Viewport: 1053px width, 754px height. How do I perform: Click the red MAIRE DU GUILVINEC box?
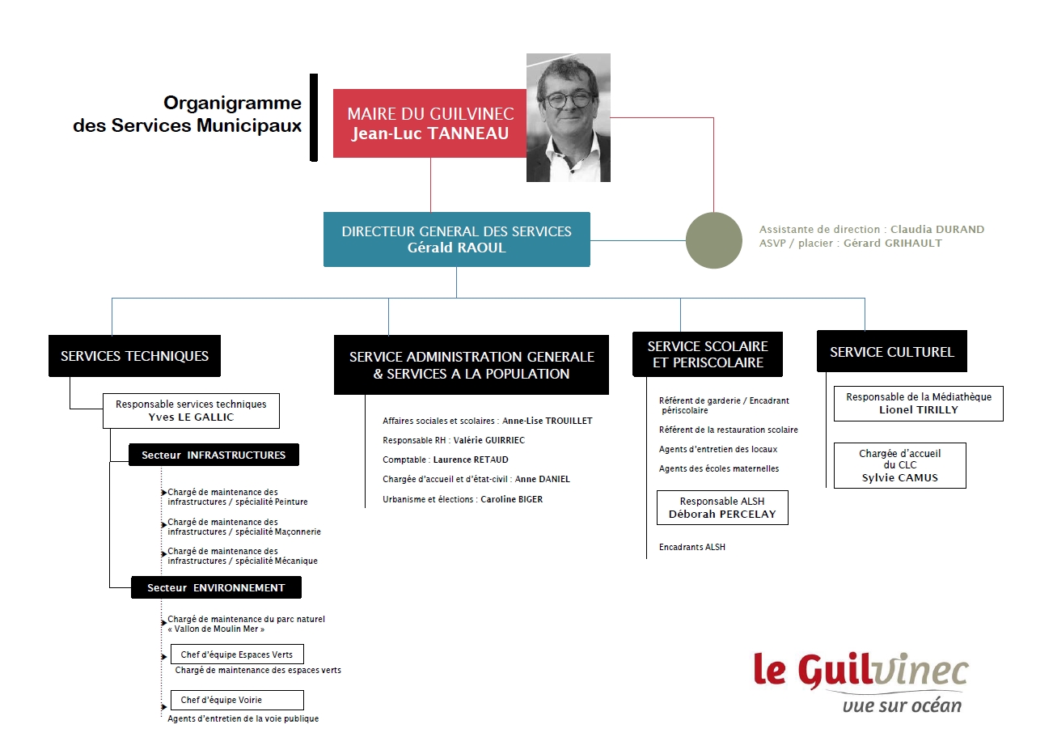click(x=429, y=124)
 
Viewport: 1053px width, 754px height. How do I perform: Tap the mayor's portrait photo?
click(x=569, y=117)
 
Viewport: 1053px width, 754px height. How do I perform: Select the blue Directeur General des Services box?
click(x=456, y=239)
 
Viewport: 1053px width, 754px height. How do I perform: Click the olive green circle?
click(x=713, y=240)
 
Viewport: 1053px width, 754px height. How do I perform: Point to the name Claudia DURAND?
click(x=937, y=229)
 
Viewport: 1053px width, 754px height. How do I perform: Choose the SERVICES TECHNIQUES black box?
click(x=134, y=356)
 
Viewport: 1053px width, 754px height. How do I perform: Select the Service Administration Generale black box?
click(x=472, y=365)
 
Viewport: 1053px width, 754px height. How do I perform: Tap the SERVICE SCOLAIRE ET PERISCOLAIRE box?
click(x=708, y=354)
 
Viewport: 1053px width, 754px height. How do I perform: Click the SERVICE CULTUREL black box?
click(x=891, y=352)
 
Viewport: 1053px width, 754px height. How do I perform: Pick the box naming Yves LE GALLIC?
click(x=191, y=411)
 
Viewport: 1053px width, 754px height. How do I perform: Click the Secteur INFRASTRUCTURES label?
click(x=214, y=455)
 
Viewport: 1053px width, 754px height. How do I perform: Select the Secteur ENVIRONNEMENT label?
click(x=216, y=587)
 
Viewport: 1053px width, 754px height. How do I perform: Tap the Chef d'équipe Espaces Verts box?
click(x=237, y=654)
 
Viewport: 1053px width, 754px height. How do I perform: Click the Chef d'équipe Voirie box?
click(x=237, y=700)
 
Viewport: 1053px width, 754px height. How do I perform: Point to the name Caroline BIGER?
click(x=511, y=499)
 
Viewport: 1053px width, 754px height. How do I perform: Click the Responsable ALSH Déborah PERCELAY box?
click(x=722, y=507)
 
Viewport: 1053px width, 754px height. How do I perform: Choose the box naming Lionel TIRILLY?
click(x=918, y=404)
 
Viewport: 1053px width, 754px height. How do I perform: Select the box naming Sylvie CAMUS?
click(x=899, y=465)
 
